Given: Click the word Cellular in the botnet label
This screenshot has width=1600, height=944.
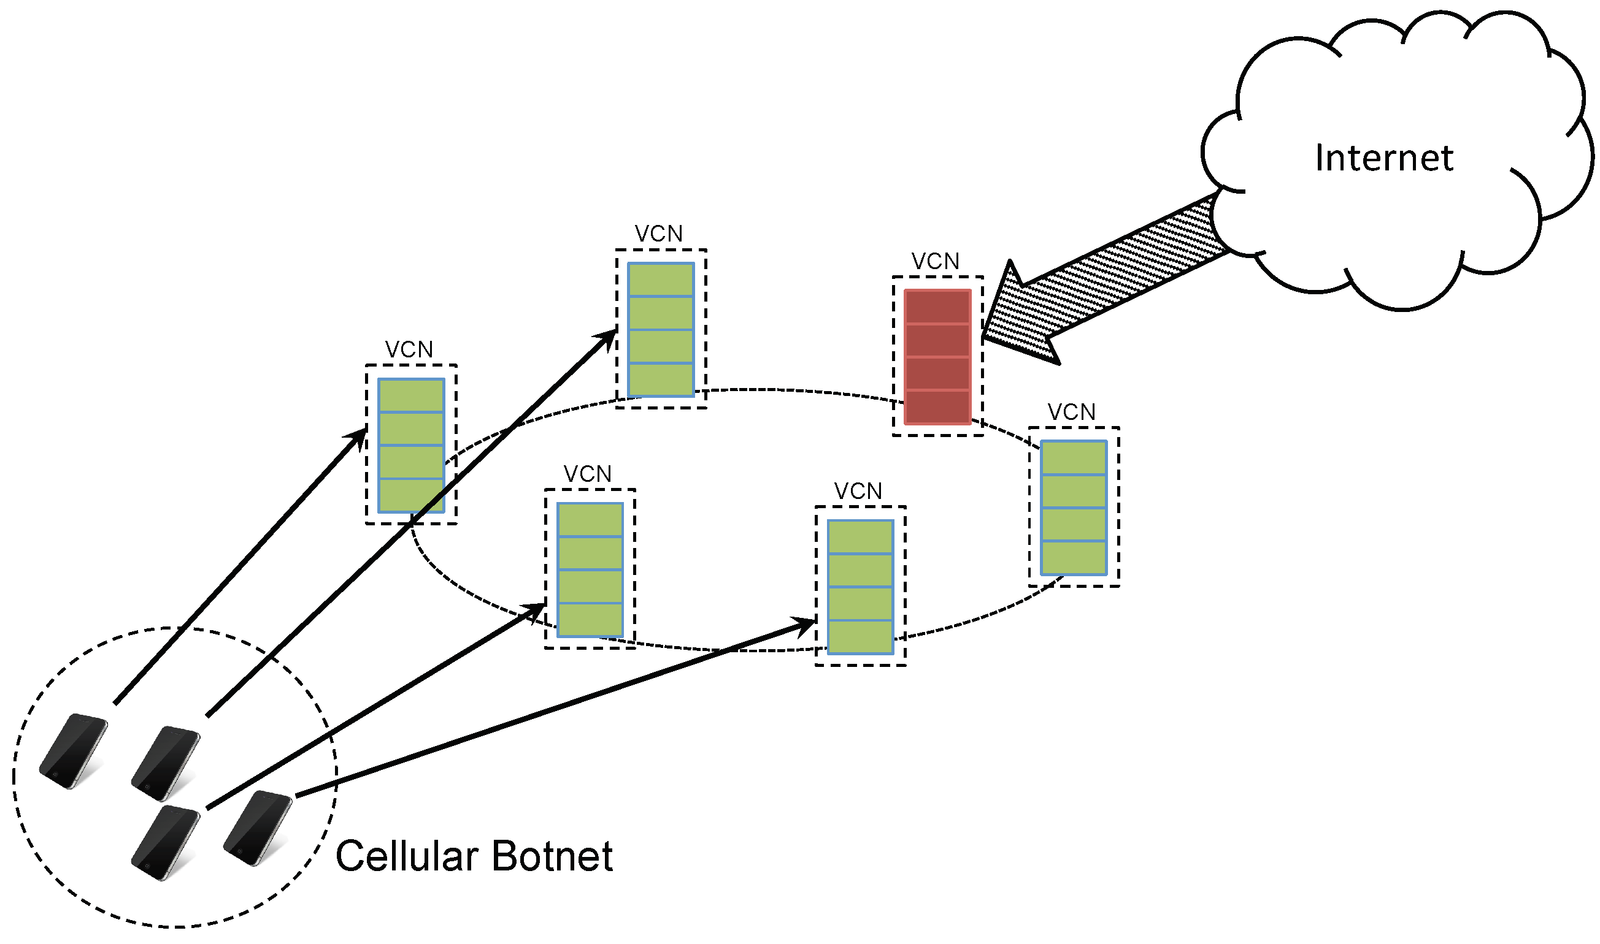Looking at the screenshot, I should pos(407,856).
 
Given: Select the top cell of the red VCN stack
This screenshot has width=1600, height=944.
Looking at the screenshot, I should pos(937,307).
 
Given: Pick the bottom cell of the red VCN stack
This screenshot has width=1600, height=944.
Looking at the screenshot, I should pos(937,407).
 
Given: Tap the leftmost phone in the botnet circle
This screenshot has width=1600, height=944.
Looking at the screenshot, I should pos(73,752).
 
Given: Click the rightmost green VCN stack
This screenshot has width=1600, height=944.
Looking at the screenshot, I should pos(1073,508).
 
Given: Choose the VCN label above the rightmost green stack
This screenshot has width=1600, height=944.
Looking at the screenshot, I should pos(1071,412).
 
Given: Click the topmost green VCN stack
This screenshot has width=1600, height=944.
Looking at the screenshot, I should pos(660,330).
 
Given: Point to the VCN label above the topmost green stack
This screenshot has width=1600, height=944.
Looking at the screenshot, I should pos(658,234).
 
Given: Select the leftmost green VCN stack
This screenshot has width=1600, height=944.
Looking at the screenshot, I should pos(410,445).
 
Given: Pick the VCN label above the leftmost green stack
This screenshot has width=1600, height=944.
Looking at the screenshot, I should pos(409,350).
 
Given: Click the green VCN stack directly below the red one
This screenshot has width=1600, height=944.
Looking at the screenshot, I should pos(860,587).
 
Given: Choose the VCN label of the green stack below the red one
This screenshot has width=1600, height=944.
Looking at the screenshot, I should pos(857,492).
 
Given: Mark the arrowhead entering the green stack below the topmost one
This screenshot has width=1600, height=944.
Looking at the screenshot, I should pos(535,609).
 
